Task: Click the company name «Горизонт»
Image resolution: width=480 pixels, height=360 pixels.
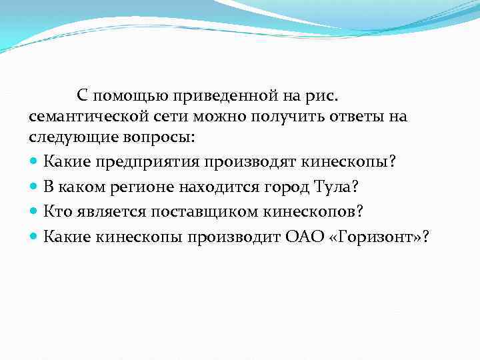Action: coord(370,236)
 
